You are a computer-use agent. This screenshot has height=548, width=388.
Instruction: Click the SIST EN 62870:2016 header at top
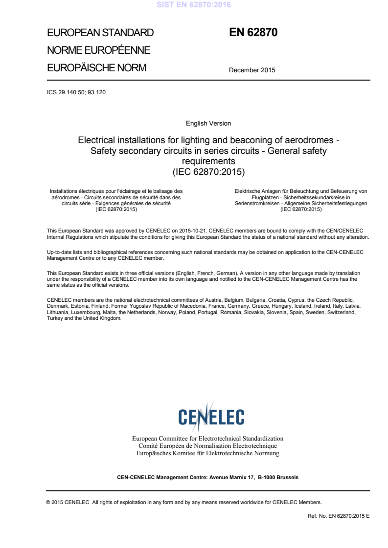(x=194, y=5)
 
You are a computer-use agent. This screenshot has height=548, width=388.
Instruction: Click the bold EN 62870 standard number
(x=253, y=33)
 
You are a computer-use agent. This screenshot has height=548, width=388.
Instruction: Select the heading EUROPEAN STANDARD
(x=100, y=33)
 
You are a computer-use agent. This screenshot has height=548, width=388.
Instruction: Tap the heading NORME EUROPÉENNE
(x=98, y=50)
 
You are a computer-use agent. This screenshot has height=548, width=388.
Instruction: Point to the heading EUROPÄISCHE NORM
(x=96, y=68)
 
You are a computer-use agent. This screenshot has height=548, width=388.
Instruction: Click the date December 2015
(x=252, y=70)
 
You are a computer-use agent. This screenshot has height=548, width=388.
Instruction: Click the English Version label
(x=208, y=124)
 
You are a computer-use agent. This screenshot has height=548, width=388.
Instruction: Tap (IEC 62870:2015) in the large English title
(x=208, y=171)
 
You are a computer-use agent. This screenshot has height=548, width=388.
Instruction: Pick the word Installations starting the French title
(x=66, y=191)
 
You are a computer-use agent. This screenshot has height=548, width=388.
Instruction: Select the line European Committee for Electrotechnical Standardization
(x=208, y=439)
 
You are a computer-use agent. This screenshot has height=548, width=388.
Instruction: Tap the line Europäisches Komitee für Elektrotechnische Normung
(x=208, y=453)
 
